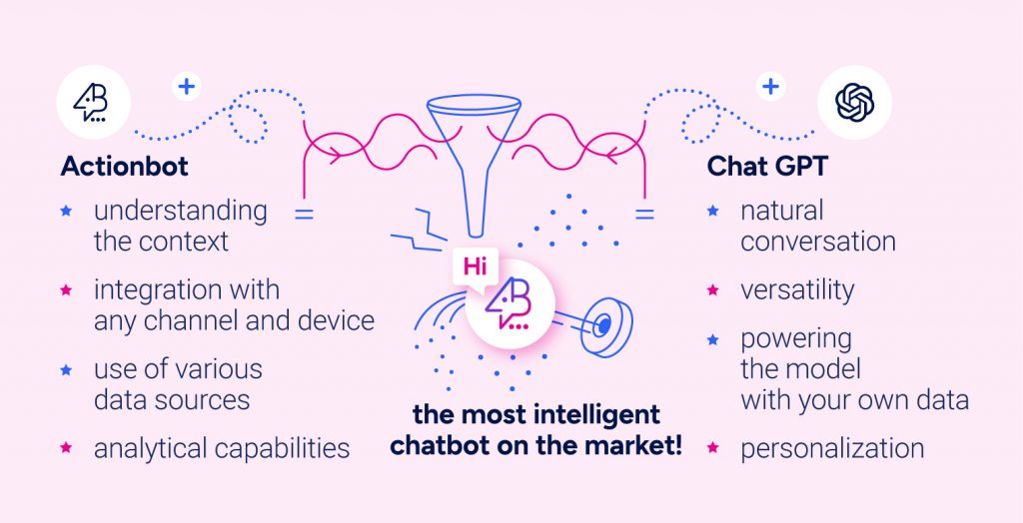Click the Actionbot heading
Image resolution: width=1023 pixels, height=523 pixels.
coord(124,166)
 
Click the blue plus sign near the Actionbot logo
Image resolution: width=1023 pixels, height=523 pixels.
coord(186,87)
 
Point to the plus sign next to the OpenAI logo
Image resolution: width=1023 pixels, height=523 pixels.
coord(770,87)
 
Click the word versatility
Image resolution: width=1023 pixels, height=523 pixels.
coord(797,290)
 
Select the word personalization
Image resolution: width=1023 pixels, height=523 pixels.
coord(832,448)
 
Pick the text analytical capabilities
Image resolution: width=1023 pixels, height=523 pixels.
coord(222,448)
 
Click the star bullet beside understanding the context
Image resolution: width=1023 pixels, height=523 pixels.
coord(67,212)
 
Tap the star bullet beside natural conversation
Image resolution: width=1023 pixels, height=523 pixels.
coord(712,212)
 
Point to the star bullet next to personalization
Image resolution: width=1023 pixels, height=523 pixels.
coord(712,448)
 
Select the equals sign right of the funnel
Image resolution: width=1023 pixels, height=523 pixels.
coord(645,214)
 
